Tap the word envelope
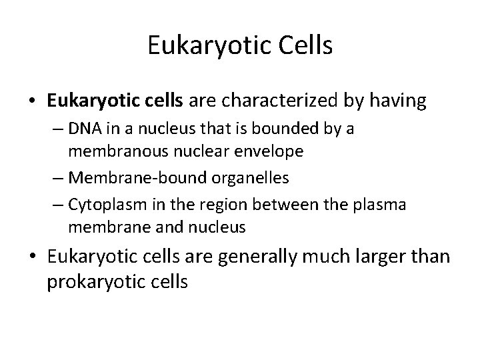[x=272, y=151]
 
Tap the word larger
[x=362, y=257]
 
